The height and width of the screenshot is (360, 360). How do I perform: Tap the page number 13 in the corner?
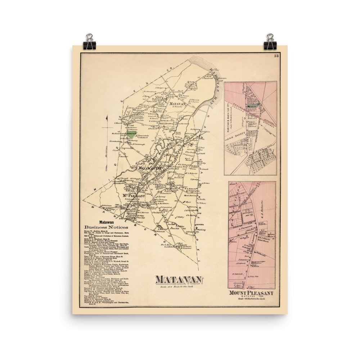click(276, 56)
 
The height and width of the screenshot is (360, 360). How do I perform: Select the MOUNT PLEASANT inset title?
click(251, 293)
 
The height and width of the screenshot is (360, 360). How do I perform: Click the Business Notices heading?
click(106, 228)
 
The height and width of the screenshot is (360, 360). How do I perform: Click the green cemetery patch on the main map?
click(133, 135)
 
